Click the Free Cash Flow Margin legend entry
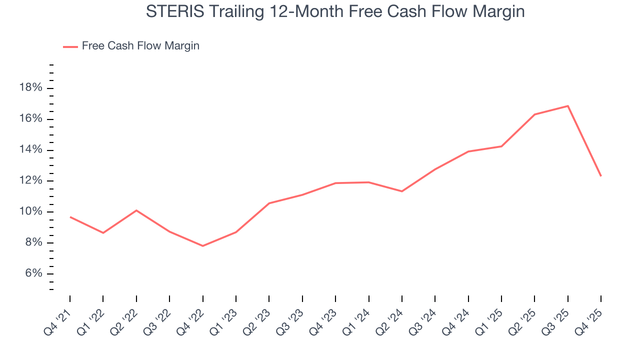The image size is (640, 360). pos(140,46)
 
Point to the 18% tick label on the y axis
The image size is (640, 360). pos(30,88)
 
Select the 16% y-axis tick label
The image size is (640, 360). pos(30,119)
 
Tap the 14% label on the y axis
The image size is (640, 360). pos(30,150)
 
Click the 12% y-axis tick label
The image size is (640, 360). pos(30,181)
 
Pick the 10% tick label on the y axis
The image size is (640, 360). pos(30,212)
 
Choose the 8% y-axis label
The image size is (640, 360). pos(33,243)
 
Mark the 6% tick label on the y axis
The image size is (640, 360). pos(33,274)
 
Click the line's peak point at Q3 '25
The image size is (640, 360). pos(567,106)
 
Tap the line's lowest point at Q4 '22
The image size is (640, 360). pos(202,246)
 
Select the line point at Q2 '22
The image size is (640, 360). pos(136,210)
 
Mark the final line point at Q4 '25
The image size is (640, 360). pos(600,176)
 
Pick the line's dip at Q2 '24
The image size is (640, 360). pos(401,191)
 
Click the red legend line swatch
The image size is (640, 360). pos(70,46)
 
